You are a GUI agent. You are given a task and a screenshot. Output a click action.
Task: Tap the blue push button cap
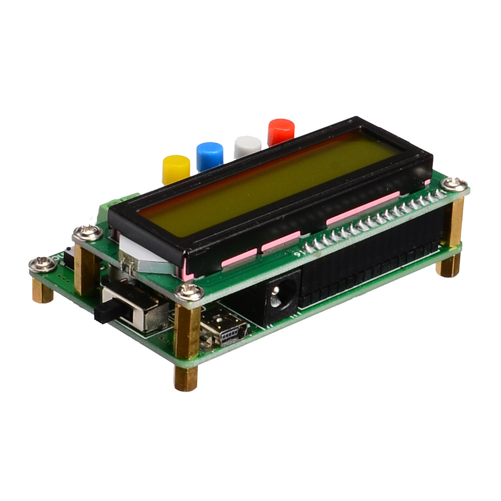pos(209,156)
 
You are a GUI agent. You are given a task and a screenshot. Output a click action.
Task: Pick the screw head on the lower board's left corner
pos(43,263)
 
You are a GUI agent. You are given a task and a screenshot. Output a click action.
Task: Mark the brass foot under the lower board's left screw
pos(43,291)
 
